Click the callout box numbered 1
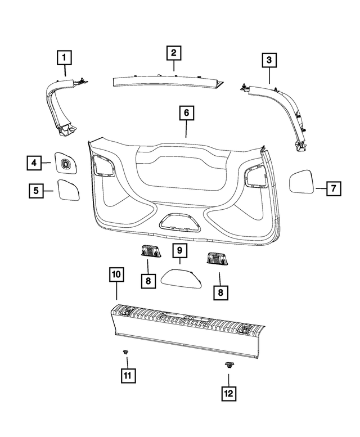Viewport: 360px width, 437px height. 64,57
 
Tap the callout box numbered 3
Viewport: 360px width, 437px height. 269,59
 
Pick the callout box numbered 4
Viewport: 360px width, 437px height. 34,163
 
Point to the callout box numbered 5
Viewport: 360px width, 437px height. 37,191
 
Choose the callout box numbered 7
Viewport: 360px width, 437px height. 332,188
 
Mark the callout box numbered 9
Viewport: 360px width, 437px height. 179,250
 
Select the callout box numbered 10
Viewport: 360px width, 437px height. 116,274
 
